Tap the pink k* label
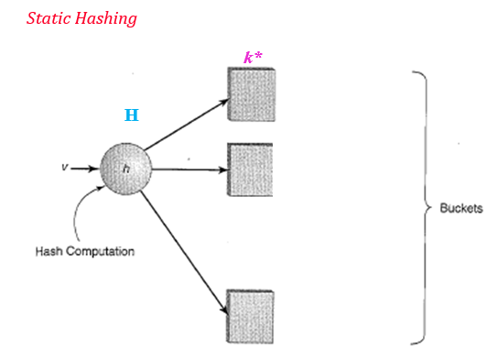click(254, 58)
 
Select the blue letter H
click(132, 115)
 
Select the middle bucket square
click(249, 169)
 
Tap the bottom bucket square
click(249, 314)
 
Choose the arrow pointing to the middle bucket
click(188, 169)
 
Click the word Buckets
click(460, 209)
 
